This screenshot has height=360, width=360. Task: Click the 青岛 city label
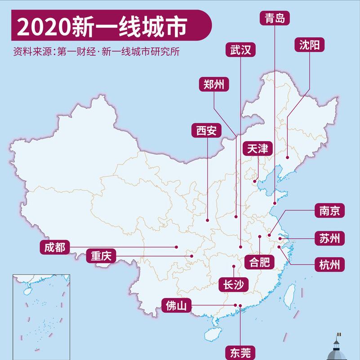tap(275, 18)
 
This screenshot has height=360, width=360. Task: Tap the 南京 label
tap(329, 211)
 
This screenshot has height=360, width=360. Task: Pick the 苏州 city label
tap(329, 238)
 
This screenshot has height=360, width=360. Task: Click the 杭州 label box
tap(329, 264)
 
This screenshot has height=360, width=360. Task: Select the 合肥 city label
tap(259, 262)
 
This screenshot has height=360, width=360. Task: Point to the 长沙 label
tap(234, 284)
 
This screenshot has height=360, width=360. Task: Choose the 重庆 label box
tap(102, 256)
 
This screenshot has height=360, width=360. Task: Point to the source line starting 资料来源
tap(97, 51)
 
